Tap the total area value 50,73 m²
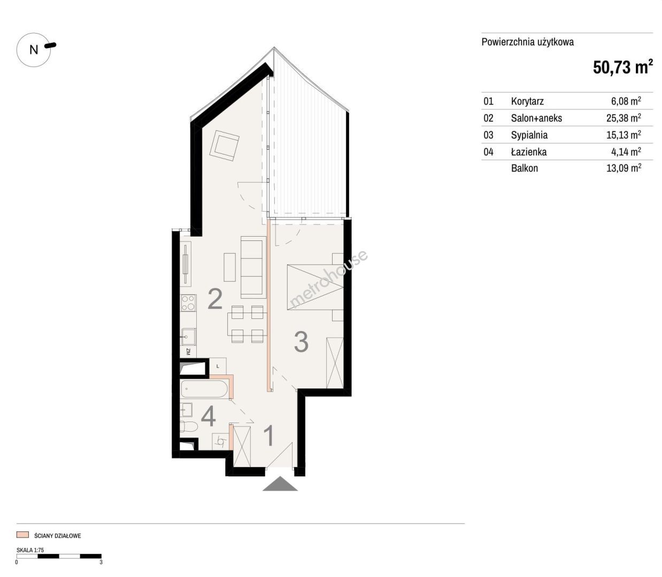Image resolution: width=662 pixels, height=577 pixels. (x=622, y=67)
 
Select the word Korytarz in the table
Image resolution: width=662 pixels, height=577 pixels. (x=527, y=102)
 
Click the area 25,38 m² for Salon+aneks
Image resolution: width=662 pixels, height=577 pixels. (x=623, y=118)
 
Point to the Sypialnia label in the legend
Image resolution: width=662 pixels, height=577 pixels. (x=529, y=135)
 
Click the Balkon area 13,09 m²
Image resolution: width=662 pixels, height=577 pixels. (x=623, y=168)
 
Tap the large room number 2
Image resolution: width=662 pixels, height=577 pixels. (x=215, y=299)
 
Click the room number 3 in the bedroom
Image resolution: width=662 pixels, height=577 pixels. (x=301, y=342)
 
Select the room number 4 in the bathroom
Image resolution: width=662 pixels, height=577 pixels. (x=208, y=416)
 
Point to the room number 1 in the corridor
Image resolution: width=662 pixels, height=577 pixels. (x=269, y=436)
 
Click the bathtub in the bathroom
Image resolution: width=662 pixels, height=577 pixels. (x=204, y=388)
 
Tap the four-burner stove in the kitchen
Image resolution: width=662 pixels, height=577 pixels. (x=188, y=303)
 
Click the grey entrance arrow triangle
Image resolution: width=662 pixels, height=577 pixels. (x=280, y=484)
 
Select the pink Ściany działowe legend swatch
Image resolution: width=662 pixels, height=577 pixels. (x=22, y=535)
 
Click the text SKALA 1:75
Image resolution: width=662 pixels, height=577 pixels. (x=30, y=550)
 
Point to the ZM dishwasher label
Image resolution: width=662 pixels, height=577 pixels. (x=188, y=352)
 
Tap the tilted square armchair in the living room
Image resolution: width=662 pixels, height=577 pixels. (x=225, y=145)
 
